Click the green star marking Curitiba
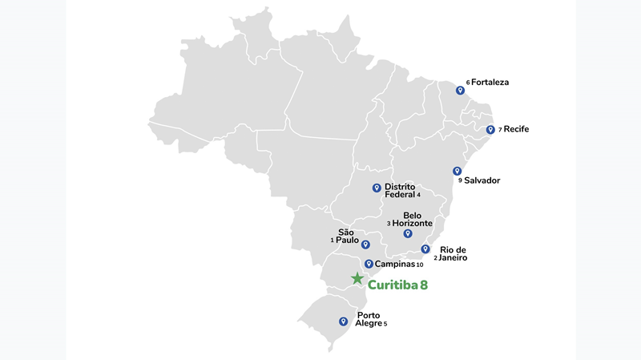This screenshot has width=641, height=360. coord(357,279)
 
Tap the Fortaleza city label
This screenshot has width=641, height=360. coord(490,83)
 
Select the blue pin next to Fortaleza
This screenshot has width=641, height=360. coord(460,91)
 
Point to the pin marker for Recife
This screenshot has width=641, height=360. coord(490,129)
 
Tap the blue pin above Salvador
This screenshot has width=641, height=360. coord(457,171)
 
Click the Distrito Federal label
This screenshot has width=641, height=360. coord(400,190)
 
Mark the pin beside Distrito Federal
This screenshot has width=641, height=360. coord(376,188)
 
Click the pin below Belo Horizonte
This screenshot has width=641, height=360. coord(408,233)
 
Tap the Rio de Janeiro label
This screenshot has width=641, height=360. coord(453,253)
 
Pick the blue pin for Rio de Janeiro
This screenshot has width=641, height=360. coord(425,249)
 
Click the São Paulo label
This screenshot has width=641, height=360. coord(347,236)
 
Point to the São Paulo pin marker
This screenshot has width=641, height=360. coord(365,245)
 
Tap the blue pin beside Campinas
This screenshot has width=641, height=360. coord(369,264)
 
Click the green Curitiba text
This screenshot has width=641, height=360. coord(397,283)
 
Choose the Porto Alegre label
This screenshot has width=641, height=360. coord(369,319)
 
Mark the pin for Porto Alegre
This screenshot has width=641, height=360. coord(343,322)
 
